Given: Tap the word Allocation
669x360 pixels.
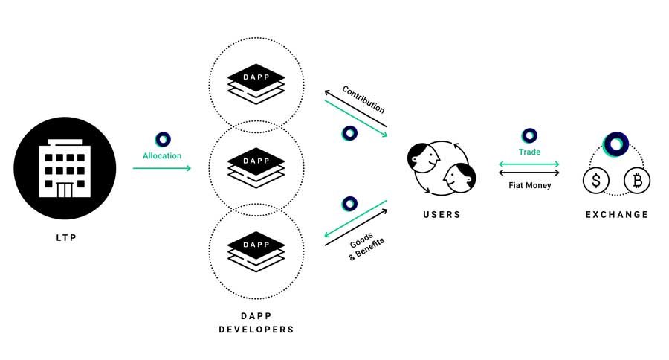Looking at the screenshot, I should pyautogui.click(x=162, y=155).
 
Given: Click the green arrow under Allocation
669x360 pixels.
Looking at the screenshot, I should pyautogui.click(x=162, y=168).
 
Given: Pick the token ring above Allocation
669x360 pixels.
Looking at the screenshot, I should pyautogui.click(x=163, y=139).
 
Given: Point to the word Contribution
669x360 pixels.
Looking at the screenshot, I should pyautogui.click(x=363, y=99).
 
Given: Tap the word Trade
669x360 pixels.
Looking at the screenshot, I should pyautogui.click(x=529, y=152).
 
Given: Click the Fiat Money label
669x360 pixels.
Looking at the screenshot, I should pyautogui.click(x=529, y=185).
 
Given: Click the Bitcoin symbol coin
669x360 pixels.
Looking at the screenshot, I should pyautogui.click(x=636, y=179).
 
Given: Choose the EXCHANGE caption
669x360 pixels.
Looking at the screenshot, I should pyautogui.click(x=616, y=215).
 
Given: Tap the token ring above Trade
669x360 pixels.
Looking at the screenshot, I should pyautogui.click(x=529, y=135).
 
